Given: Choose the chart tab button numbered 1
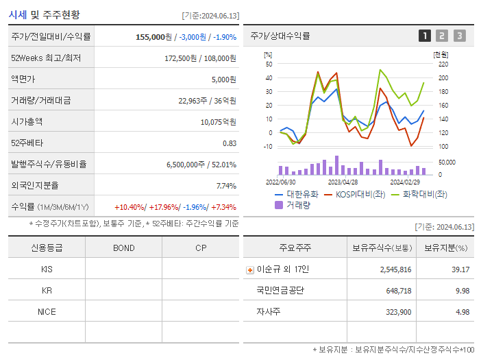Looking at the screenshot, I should (425, 36).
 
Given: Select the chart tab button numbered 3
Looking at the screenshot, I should (459, 36).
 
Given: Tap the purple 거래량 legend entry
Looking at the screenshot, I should (295, 204).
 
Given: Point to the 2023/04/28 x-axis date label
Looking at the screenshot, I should (343, 182).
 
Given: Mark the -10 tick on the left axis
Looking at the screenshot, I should (268, 146).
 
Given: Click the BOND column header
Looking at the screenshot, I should (123, 248).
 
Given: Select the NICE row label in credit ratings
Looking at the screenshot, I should (47, 312).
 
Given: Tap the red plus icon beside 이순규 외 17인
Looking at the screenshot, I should (249, 269).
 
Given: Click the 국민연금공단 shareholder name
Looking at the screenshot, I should (280, 291).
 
